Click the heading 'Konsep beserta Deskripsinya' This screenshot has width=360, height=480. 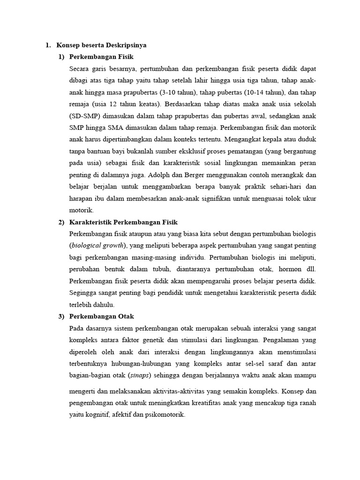(102, 45)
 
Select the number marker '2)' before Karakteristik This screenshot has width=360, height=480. (61, 222)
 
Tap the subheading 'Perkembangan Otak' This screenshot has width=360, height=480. (101, 316)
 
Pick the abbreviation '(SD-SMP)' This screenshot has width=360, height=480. (85, 115)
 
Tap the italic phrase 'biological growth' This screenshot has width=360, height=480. (97, 245)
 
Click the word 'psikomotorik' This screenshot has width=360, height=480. (165, 415)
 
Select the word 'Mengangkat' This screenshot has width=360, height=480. (245, 139)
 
